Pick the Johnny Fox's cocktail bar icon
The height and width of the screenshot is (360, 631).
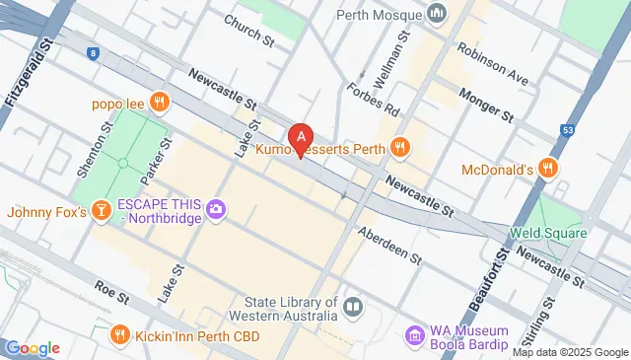pos(100,211)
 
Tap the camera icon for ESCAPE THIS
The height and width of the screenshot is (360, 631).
pos(216,209)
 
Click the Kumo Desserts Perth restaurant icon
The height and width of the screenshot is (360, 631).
pos(399,148)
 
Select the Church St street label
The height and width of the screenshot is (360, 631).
pos(248,31)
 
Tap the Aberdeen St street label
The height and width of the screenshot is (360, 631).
pos(389,245)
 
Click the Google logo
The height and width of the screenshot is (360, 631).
pos(33,347)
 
